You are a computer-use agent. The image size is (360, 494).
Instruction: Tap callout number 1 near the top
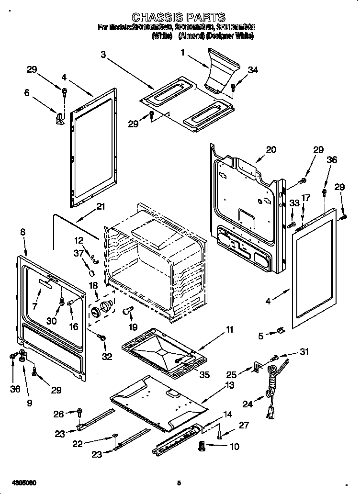coord(182,53)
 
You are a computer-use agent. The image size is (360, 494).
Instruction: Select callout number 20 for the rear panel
coord(271,149)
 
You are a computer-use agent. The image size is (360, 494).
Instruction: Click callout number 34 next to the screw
coord(253,70)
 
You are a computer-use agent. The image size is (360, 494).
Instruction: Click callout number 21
coord(100,207)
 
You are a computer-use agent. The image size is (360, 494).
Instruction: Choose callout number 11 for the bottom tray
coord(229,329)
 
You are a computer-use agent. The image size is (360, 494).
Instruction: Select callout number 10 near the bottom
coord(234,447)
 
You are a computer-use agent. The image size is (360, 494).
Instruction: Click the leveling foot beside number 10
coord(201,446)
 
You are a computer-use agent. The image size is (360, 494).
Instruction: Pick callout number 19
coord(133,327)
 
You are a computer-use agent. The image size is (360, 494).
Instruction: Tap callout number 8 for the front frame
coord(22,232)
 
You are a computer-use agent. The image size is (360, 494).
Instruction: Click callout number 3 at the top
coord(103,55)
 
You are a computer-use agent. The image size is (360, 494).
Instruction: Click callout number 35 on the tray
coord(204,375)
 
